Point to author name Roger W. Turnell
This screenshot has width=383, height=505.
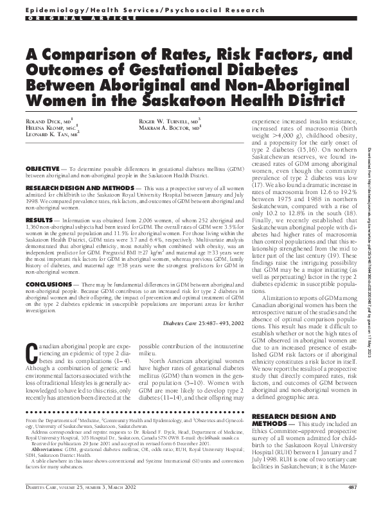coord(164,121)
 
